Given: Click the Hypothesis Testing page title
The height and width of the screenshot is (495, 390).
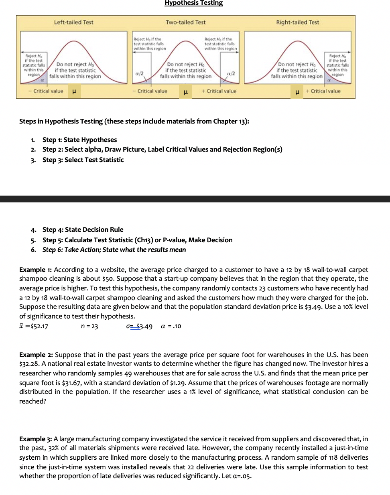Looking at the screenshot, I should (x=193, y=3).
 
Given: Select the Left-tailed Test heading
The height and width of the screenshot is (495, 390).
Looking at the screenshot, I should (x=73, y=22).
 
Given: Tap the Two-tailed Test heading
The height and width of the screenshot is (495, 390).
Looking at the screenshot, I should (x=185, y=22).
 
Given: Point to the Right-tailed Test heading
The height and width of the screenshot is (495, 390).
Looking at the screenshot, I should (x=297, y=22).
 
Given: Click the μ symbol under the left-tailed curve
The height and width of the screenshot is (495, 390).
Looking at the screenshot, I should (x=74, y=91).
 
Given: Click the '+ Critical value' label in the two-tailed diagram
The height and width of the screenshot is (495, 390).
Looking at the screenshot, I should (x=219, y=91).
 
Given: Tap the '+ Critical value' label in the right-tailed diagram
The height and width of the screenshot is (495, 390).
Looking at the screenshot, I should (x=323, y=91).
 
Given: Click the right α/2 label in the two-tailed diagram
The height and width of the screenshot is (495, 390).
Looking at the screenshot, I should (x=231, y=73).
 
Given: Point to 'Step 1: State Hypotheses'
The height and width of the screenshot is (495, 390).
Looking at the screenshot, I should (x=79, y=140).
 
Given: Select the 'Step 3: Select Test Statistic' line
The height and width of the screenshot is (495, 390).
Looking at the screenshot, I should (x=83, y=160).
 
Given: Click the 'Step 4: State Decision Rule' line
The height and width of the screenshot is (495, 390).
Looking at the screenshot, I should (x=83, y=229).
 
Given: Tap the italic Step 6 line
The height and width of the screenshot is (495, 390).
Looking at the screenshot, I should (x=114, y=250).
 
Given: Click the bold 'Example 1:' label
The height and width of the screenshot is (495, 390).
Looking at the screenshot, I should (x=35, y=270).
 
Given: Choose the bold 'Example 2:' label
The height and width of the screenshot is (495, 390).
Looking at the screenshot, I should (x=36, y=355).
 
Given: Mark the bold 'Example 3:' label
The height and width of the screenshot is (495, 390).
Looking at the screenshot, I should (x=35, y=439).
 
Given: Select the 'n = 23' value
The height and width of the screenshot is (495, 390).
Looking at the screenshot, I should (x=89, y=326).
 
